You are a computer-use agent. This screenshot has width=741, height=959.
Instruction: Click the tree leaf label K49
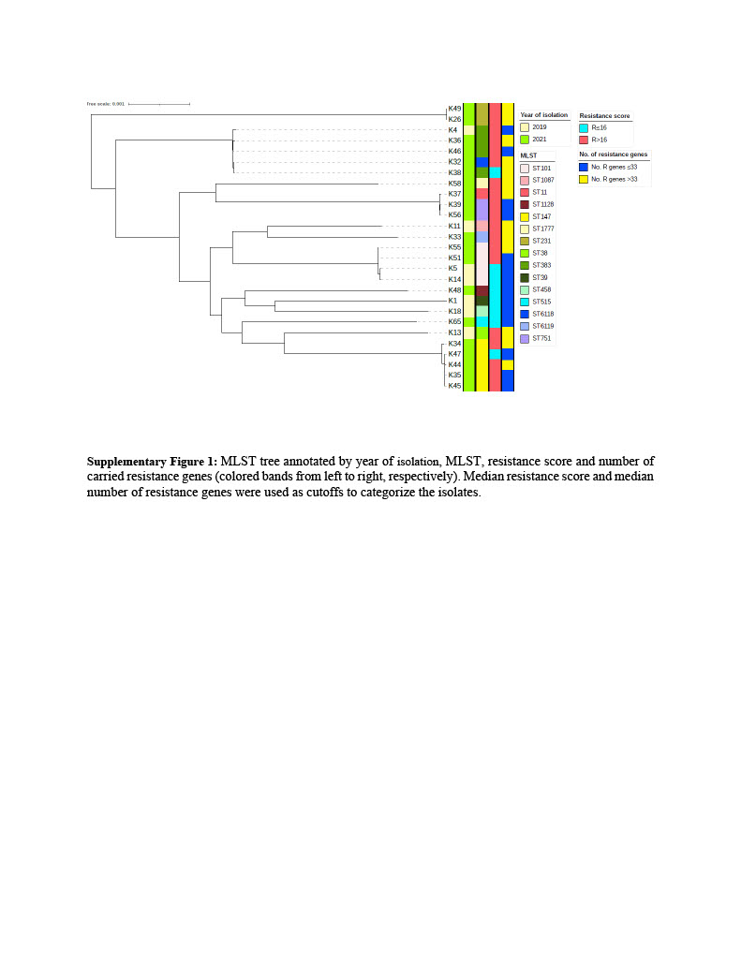tap(454, 109)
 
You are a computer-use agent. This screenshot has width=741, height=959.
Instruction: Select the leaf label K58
tap(454, 184)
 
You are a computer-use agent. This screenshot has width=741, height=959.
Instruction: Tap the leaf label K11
tap(454, 226)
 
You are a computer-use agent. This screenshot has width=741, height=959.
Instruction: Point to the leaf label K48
tap(454, 290)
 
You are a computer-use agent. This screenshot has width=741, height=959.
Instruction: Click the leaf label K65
tap(454, 321)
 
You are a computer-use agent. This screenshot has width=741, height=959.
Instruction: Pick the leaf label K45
tap(454, 386)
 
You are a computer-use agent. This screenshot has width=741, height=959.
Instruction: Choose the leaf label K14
tap(454, 279)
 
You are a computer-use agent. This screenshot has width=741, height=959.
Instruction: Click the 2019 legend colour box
tap(525, 126)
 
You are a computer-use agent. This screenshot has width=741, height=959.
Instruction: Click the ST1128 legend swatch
tap(525, 204)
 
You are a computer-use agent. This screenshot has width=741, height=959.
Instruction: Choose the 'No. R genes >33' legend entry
tap(615, 178)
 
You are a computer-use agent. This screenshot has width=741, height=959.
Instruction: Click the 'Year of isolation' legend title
tap(543, 115)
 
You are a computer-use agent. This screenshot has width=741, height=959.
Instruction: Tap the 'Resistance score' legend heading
tap(604, 115)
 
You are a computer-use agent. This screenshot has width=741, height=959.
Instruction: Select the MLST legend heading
tap(528, 155)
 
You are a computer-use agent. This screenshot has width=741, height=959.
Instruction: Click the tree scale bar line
tap(158, 104)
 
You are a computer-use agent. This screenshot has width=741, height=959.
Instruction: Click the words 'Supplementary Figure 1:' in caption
tap(152, 461)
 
